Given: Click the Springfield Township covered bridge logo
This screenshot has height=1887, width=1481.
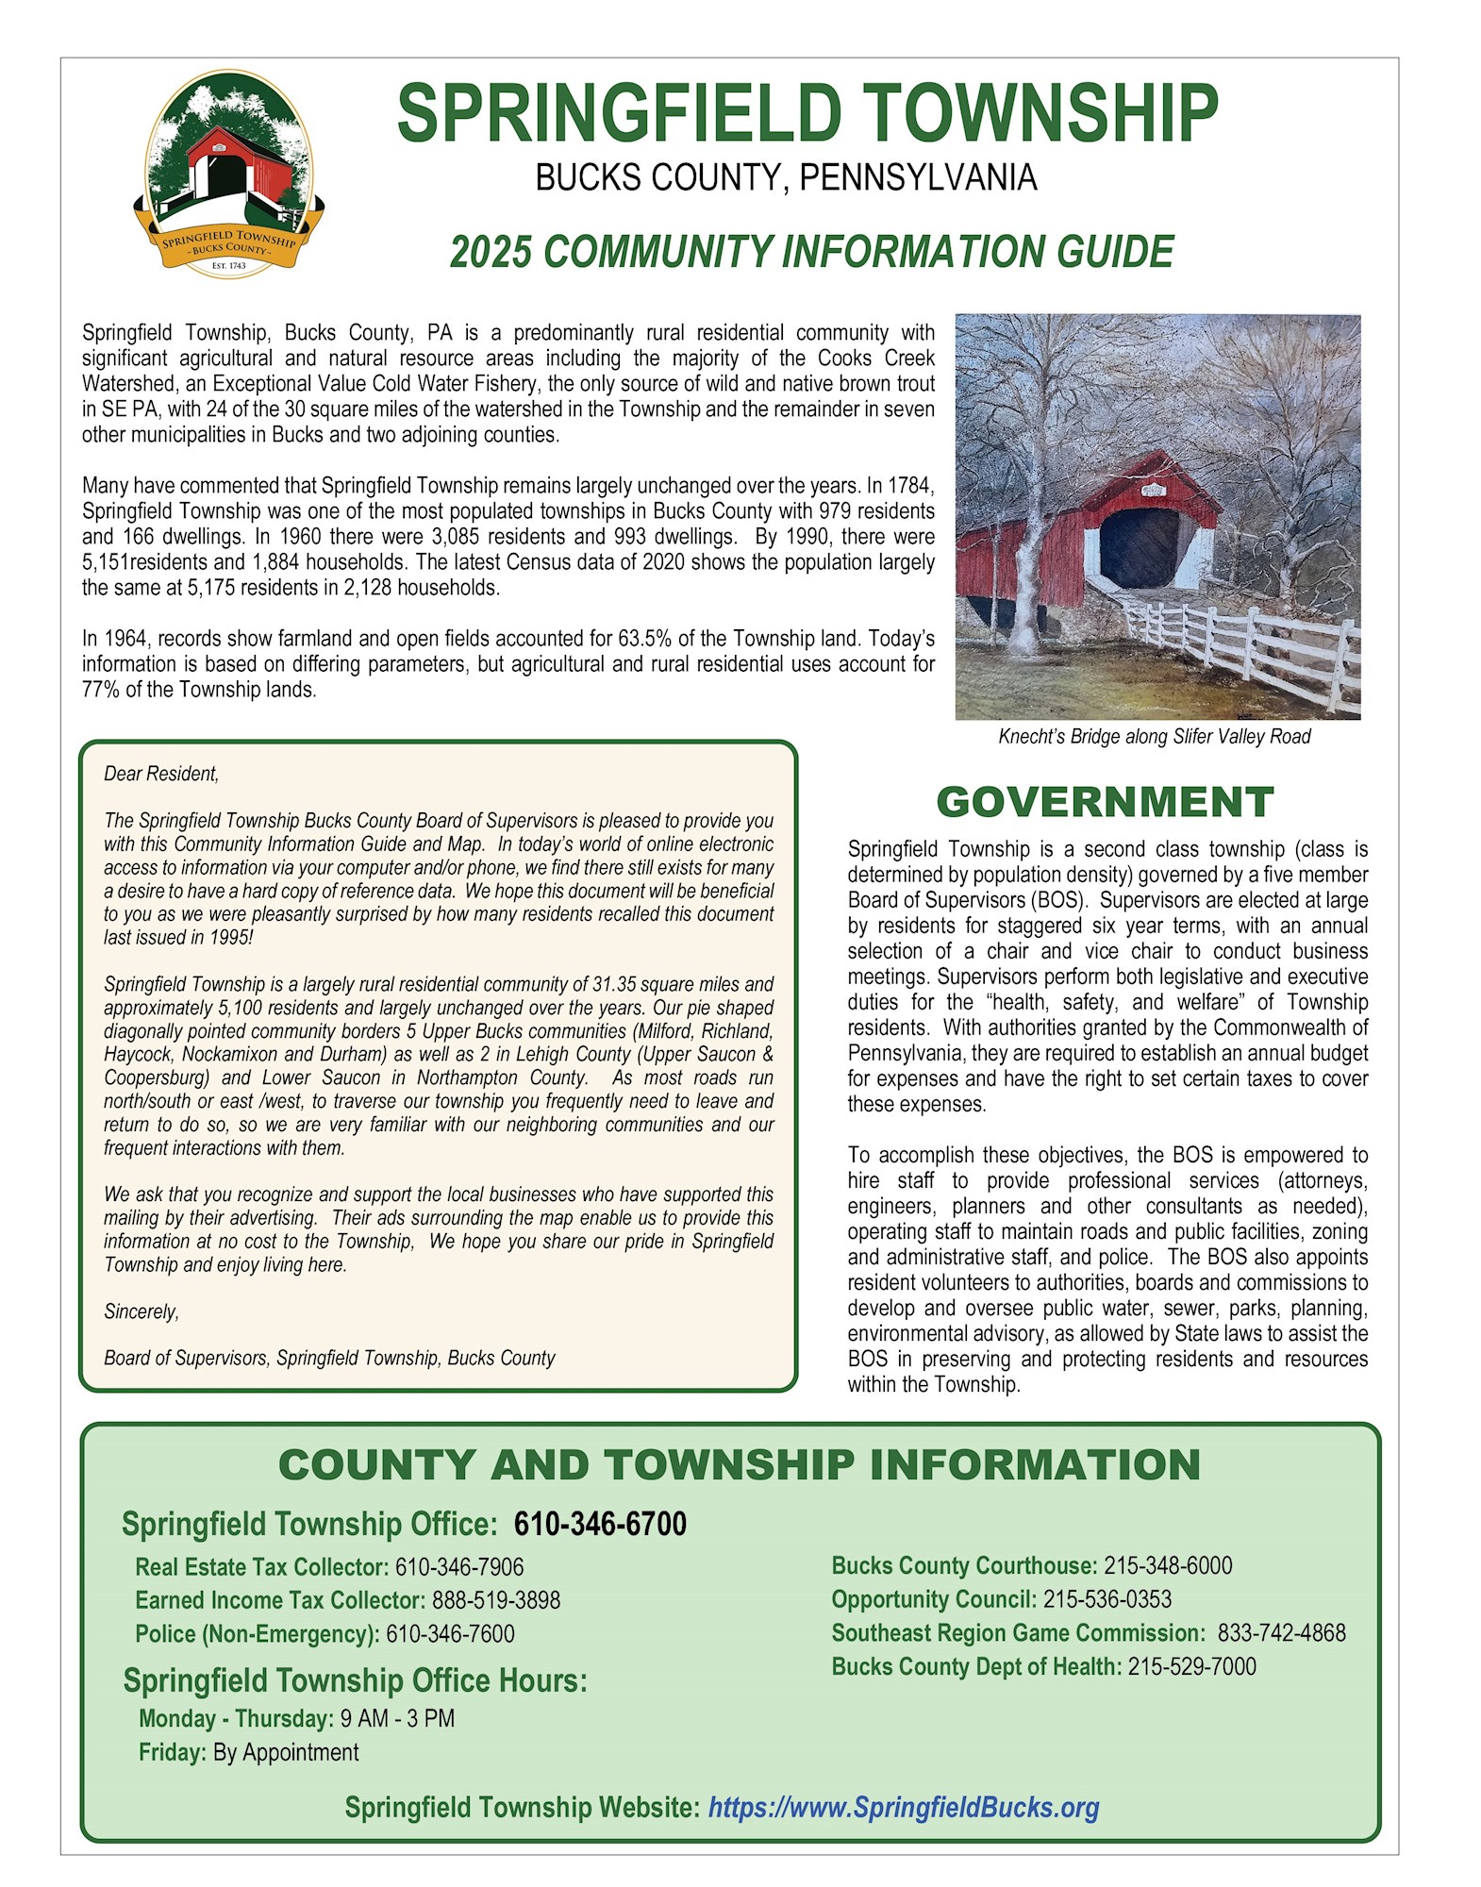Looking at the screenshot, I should [229, 175].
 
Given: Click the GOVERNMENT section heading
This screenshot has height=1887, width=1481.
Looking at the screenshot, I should [1105, 802].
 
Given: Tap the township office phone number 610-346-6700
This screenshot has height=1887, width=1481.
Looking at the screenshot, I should [600, 1524].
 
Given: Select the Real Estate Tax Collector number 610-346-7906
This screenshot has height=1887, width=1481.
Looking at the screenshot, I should [459, 1567].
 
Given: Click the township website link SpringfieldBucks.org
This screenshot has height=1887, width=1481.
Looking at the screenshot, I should [903, 1808].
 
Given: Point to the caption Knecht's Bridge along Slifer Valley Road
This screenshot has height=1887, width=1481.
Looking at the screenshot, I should [1155, 737].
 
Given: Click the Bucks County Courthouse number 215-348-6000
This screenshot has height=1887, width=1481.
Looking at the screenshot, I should [1168, 1565].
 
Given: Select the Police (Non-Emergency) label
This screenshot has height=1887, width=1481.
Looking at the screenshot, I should [258, 1634].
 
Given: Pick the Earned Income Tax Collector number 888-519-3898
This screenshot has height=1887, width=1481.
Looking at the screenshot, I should [496, 1600].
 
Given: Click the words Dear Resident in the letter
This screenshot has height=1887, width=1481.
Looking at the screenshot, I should [161, 774].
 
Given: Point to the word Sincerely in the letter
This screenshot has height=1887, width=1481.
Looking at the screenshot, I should [141, 1311].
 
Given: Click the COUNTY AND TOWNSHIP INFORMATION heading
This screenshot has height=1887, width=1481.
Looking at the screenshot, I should [740, 1465].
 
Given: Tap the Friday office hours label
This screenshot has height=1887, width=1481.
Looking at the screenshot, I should [172, 1752].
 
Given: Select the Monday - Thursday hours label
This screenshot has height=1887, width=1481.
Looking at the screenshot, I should [236, 1718].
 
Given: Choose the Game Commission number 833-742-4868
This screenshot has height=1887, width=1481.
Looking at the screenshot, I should [1281, 1633].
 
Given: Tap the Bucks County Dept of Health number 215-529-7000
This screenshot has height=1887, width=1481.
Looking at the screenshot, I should [1191, 1666].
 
